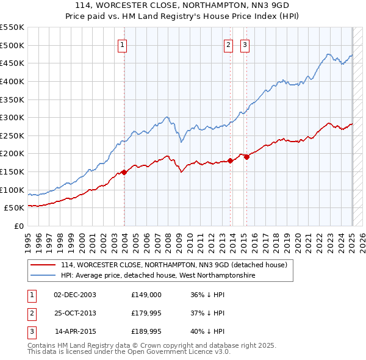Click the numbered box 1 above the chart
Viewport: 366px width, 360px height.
(123, 44)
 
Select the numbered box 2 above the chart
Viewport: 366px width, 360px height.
(228, 44)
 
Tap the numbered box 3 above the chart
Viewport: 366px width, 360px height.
(245, 44)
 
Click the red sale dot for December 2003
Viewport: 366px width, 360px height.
(124, 172)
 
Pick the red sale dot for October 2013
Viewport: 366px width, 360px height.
(231, 161)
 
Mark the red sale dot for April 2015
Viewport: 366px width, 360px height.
(247, 157)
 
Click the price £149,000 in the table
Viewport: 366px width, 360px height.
(146, 294)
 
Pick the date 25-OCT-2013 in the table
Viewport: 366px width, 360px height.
(75, 313)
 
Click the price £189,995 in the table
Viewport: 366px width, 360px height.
(146, 332)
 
